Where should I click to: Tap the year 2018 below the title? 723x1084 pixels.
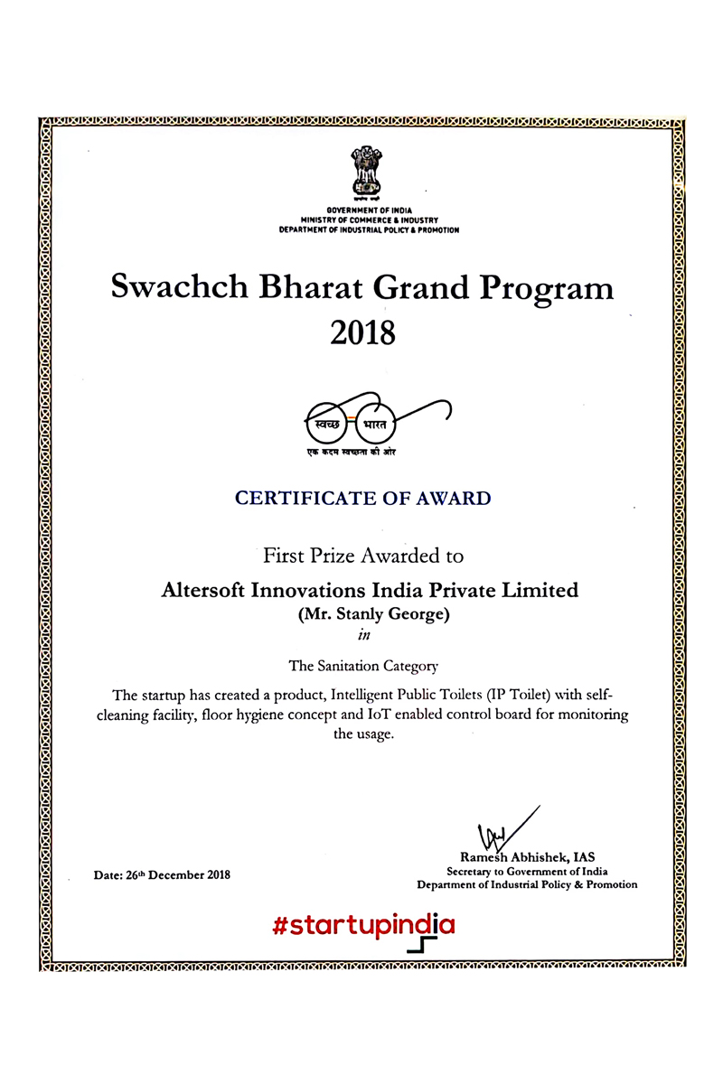tap(362, 333)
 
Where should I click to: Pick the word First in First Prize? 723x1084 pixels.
tap(284, 555)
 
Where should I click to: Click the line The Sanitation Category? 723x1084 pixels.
tap(362, 667)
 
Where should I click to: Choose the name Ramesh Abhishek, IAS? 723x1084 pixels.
tap(527, 857)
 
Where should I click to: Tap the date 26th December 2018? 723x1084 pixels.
tap(162, 874)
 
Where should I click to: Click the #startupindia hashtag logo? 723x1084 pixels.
tap(362, 924)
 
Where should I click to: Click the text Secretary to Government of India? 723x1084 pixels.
tap(527, 871)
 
